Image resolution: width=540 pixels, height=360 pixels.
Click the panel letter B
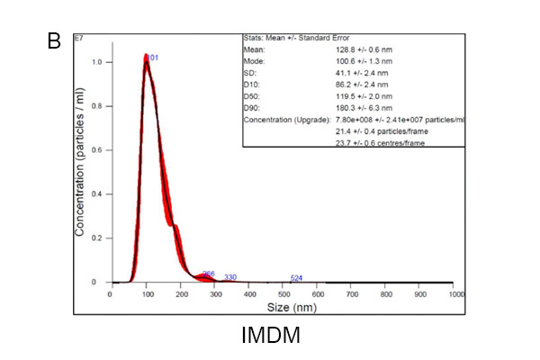[53, 40]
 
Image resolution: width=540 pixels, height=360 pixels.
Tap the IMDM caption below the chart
[270, 336]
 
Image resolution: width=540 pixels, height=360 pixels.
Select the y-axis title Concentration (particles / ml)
[80, 171]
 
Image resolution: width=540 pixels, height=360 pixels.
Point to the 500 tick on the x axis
[283, 293]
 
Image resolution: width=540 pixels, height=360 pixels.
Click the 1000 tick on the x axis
[455, 293]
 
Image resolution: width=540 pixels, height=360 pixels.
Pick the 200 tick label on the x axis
[179, 293]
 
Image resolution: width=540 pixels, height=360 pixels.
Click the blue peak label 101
[152, 58]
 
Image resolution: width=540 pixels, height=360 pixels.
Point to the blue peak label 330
[229, 277]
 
